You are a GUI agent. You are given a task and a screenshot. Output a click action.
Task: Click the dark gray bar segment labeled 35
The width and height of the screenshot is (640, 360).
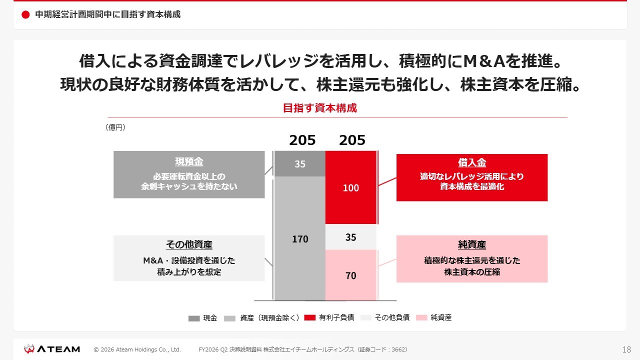(x=300, y=163)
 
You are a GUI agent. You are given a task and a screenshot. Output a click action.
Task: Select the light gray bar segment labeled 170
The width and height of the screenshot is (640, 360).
(x=300, y=239)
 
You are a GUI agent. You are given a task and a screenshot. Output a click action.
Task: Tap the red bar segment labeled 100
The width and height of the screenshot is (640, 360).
(x=350, y=187)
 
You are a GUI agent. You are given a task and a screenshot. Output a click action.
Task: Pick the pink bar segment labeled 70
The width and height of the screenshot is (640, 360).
(x=350, y=275)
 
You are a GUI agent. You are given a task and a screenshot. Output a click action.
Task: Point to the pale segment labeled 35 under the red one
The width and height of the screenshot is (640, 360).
(x=350, y=237)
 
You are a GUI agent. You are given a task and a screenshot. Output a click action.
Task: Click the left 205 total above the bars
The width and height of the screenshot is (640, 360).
(x=302, y=140)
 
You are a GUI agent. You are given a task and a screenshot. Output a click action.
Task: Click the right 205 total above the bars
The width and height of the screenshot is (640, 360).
(x=352, y=140)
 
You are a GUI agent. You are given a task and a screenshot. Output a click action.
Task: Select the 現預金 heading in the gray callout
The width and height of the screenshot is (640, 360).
(x=189, y=162)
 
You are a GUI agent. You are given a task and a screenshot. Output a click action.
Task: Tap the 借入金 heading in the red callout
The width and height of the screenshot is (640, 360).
(x=472, y=163)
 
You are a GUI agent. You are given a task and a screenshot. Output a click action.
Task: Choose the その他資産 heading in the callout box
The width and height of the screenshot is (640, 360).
(x=189, y=244)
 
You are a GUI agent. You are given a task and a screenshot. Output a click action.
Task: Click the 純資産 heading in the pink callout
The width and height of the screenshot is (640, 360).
(x=472, y=244)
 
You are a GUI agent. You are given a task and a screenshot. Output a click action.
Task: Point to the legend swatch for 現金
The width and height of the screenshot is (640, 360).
(x=194, y=318)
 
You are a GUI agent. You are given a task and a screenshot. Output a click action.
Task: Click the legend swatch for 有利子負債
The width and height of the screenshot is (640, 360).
(x=310, y=318)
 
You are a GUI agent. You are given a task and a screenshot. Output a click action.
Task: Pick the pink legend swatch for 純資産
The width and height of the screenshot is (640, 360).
(x=421, y=318)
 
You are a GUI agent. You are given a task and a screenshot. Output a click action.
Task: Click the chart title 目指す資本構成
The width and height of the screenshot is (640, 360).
(x=320, y=108)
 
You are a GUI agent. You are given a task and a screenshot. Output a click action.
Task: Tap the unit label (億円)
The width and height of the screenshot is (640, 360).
(x=115, y=127)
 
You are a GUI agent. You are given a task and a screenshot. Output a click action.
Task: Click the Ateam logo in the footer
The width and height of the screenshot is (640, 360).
(x=52, y=349)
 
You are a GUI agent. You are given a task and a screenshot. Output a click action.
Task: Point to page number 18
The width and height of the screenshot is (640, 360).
(x=626, y=349)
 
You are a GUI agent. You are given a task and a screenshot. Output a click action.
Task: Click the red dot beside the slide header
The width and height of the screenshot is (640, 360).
(x=26, y=15)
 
